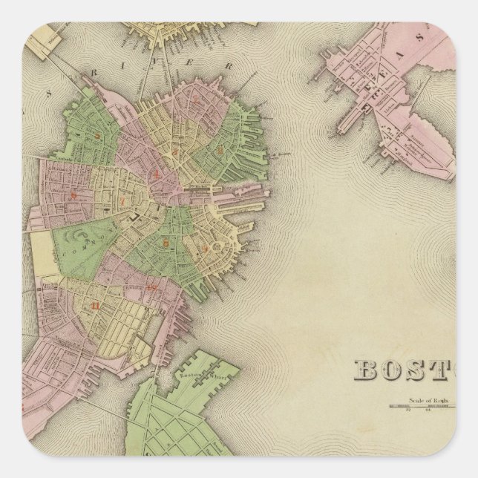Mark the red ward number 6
(73, 195)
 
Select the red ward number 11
(94, 305)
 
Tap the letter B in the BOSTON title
(367, 369)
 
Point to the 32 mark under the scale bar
(409, 410)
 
